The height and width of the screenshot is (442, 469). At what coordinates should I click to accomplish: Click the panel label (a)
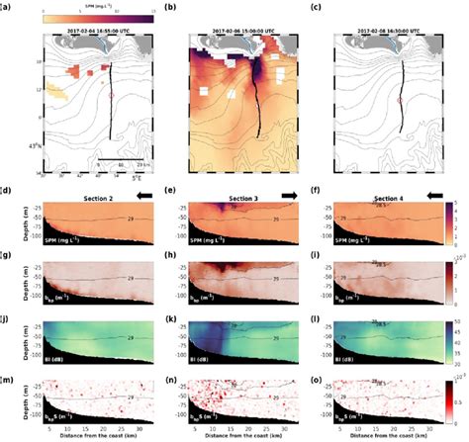click(7, 6)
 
